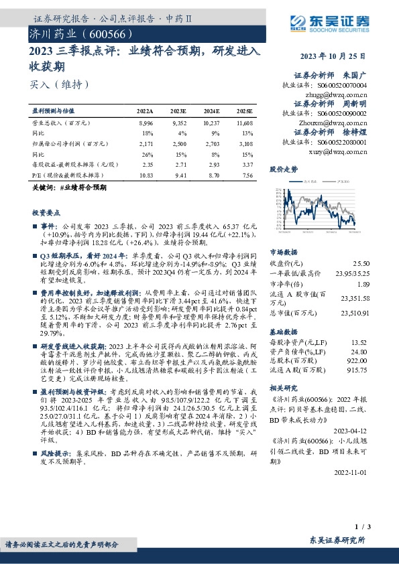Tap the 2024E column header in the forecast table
tap(211, 110)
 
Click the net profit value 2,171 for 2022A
tap(145, 143)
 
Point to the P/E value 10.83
tap(145, 174)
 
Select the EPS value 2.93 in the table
tap(211, 164)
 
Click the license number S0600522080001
tap(343, 143)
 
